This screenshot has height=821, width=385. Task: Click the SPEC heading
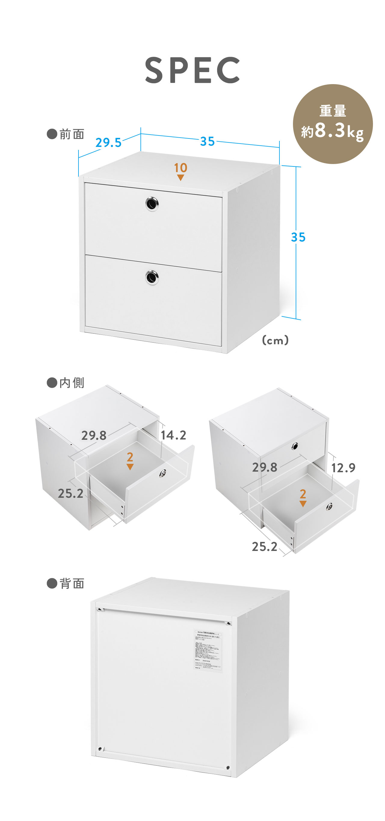pos(192,70)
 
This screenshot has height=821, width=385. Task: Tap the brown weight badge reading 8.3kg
pos(333,124)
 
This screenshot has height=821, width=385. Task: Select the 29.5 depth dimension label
pos(109,142)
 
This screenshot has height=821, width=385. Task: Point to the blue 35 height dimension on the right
pos(298,237)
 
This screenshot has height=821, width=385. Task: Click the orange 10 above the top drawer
pos(180,168)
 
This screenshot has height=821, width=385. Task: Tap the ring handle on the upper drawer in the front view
pos(152,203)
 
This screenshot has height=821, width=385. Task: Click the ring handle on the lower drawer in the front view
pos(152,277)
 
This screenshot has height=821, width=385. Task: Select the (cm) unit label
pos(275,340)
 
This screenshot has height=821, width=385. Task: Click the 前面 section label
pos(66,134)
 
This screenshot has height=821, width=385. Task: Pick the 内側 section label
pos(66,382)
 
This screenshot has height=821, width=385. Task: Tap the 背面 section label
pos(66,583)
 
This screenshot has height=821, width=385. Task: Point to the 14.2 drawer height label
pos(173,435)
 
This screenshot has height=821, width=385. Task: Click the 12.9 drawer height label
pos(343,468)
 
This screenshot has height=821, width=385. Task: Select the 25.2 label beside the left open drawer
pos(71,493)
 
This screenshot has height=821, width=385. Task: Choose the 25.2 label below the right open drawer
pos(264,547)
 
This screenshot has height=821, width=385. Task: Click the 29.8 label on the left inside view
pos(94,435)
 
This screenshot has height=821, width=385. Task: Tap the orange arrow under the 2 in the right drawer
pos(303,504)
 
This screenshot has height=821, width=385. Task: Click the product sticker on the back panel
pos(208,650)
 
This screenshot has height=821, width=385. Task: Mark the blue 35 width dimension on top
pos(208,141)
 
